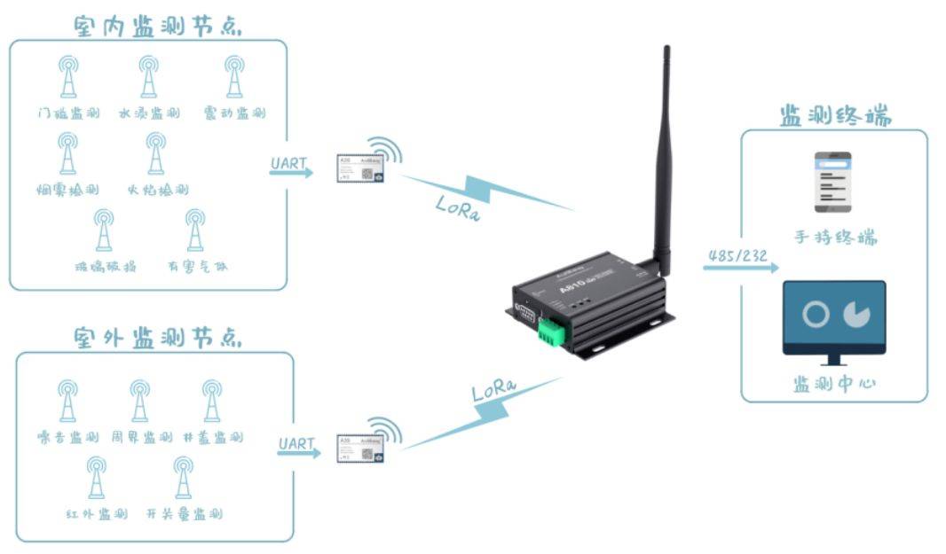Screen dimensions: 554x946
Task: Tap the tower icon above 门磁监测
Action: pyautogui.click(x=68, y=77)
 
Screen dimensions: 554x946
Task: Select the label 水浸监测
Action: pyautogui.click(x=148, y=113)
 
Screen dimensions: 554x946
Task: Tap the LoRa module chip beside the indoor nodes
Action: pyautogui.click(x=359, y=168)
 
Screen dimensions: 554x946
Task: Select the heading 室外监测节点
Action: pyautogui.click(x=158, y=338)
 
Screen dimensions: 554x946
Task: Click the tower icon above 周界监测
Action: pyautogui.click(x=139, y=401)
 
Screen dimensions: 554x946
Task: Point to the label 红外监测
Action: pyautogui.click(x=97, y=514)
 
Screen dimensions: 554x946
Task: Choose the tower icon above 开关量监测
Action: pyautogui.click(x=183, y=478)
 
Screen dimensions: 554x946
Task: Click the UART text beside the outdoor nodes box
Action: pyautogui.click(x=296, y=442)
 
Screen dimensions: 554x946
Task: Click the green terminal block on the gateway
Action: pyautogui.click(x=552, y=332)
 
